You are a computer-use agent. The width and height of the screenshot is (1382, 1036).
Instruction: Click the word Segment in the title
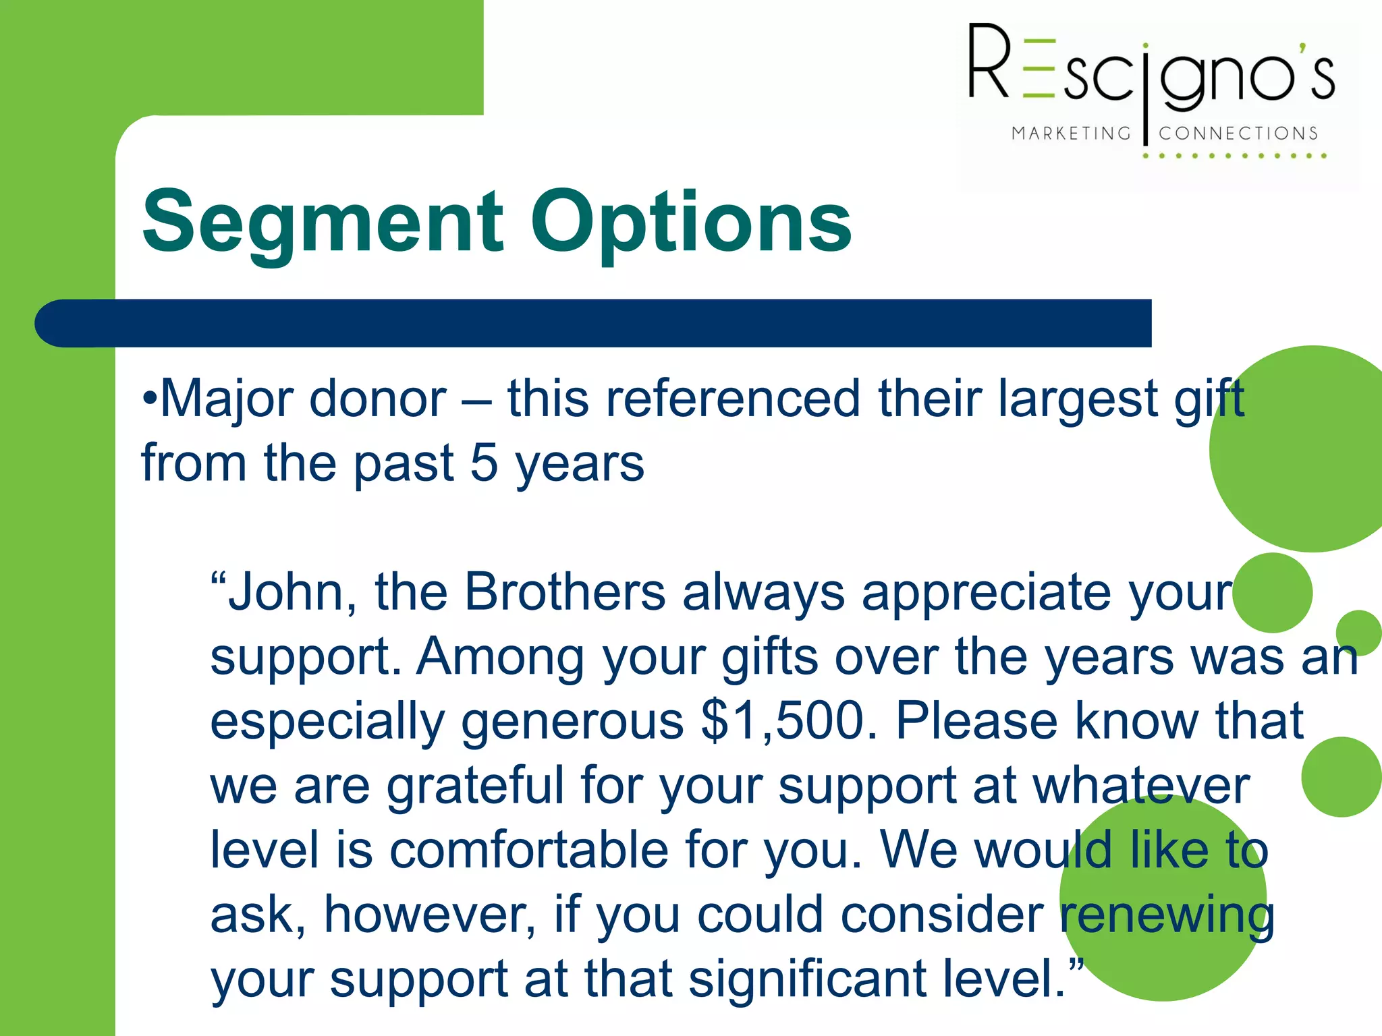(323, 223)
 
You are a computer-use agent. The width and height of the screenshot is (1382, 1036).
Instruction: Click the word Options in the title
(691, 223)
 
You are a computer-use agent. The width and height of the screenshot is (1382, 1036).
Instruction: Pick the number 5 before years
(483, 464)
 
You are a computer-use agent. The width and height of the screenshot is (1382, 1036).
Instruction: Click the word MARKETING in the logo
(1070, 134)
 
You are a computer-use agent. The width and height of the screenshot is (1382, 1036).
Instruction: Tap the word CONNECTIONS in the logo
(1238, 134)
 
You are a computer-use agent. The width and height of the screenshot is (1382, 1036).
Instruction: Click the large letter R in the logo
(989, 62)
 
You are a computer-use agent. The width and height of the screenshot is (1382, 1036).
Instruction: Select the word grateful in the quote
(475, 786)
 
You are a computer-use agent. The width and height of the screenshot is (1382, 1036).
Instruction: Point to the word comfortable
(530, 850)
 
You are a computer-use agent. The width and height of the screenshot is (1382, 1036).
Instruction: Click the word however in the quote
(430, 915)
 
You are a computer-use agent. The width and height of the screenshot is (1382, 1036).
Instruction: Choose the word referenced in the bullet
(733, 400)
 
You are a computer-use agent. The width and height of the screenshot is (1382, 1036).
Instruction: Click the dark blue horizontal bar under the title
(594, 323)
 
